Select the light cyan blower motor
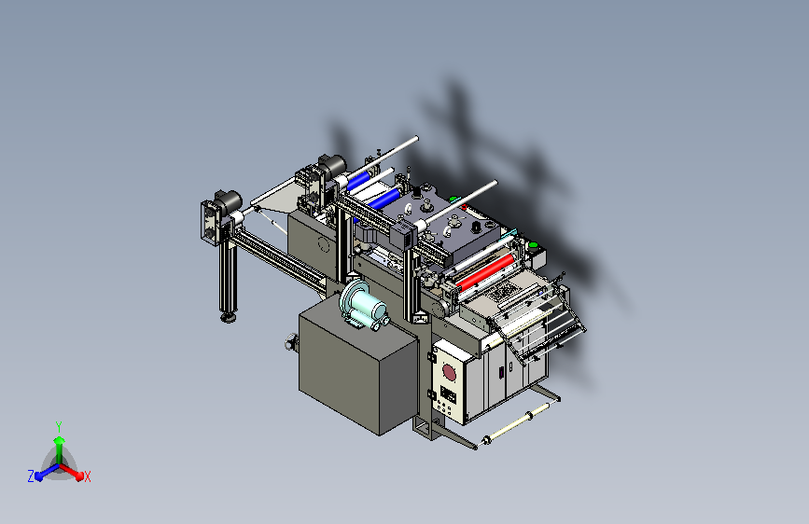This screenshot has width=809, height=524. pyautogui.click(x=363, y=303)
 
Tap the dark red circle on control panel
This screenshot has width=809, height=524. pyautogui.click(x=449, y=372)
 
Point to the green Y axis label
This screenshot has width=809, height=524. pyautogui.click(x=59, y=426)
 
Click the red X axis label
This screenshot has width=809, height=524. pyautogui.click(x=87, y=476)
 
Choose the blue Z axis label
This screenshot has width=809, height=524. pyautogui.click(x=31, y=476)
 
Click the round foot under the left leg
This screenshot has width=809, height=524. pyautogui.click(x=229, y=317)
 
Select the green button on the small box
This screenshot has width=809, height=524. pyautogui.click(x=533, y=245)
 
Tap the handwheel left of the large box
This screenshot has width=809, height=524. pyautogui.click(x=291, y=342)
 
